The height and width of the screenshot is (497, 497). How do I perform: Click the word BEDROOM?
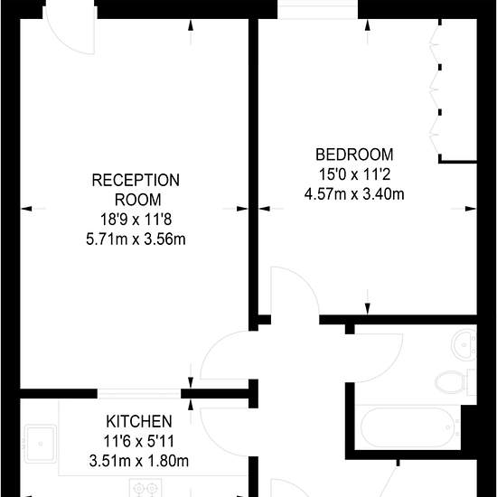tap(354, 155)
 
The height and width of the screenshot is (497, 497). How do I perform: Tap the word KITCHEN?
tap(139, 422)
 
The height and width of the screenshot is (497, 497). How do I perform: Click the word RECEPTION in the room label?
tap(136, 180)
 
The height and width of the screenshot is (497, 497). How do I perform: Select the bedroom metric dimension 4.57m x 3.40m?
tap(354, 194)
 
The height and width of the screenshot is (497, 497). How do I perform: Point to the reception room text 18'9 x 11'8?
tap(136, 220)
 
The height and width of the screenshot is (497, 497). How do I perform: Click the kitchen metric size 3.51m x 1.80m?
tap(139, 461)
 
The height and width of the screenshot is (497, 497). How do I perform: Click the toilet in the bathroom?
tap(455, 382)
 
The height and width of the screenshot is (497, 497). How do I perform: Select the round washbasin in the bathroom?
tap(464, 344)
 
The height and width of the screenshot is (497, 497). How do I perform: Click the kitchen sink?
tap(41, 444)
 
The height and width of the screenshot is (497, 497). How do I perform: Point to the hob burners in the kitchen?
tap(145, 488)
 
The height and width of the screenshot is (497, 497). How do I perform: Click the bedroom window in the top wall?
tap(318, 10)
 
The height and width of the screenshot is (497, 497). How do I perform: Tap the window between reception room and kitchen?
tap(139, 394)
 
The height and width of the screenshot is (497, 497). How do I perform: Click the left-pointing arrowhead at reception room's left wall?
tap(26, 209)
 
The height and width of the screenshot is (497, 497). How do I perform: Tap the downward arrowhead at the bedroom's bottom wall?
tap(368, 309)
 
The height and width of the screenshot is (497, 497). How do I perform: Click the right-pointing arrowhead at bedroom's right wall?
tap(471, 209)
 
